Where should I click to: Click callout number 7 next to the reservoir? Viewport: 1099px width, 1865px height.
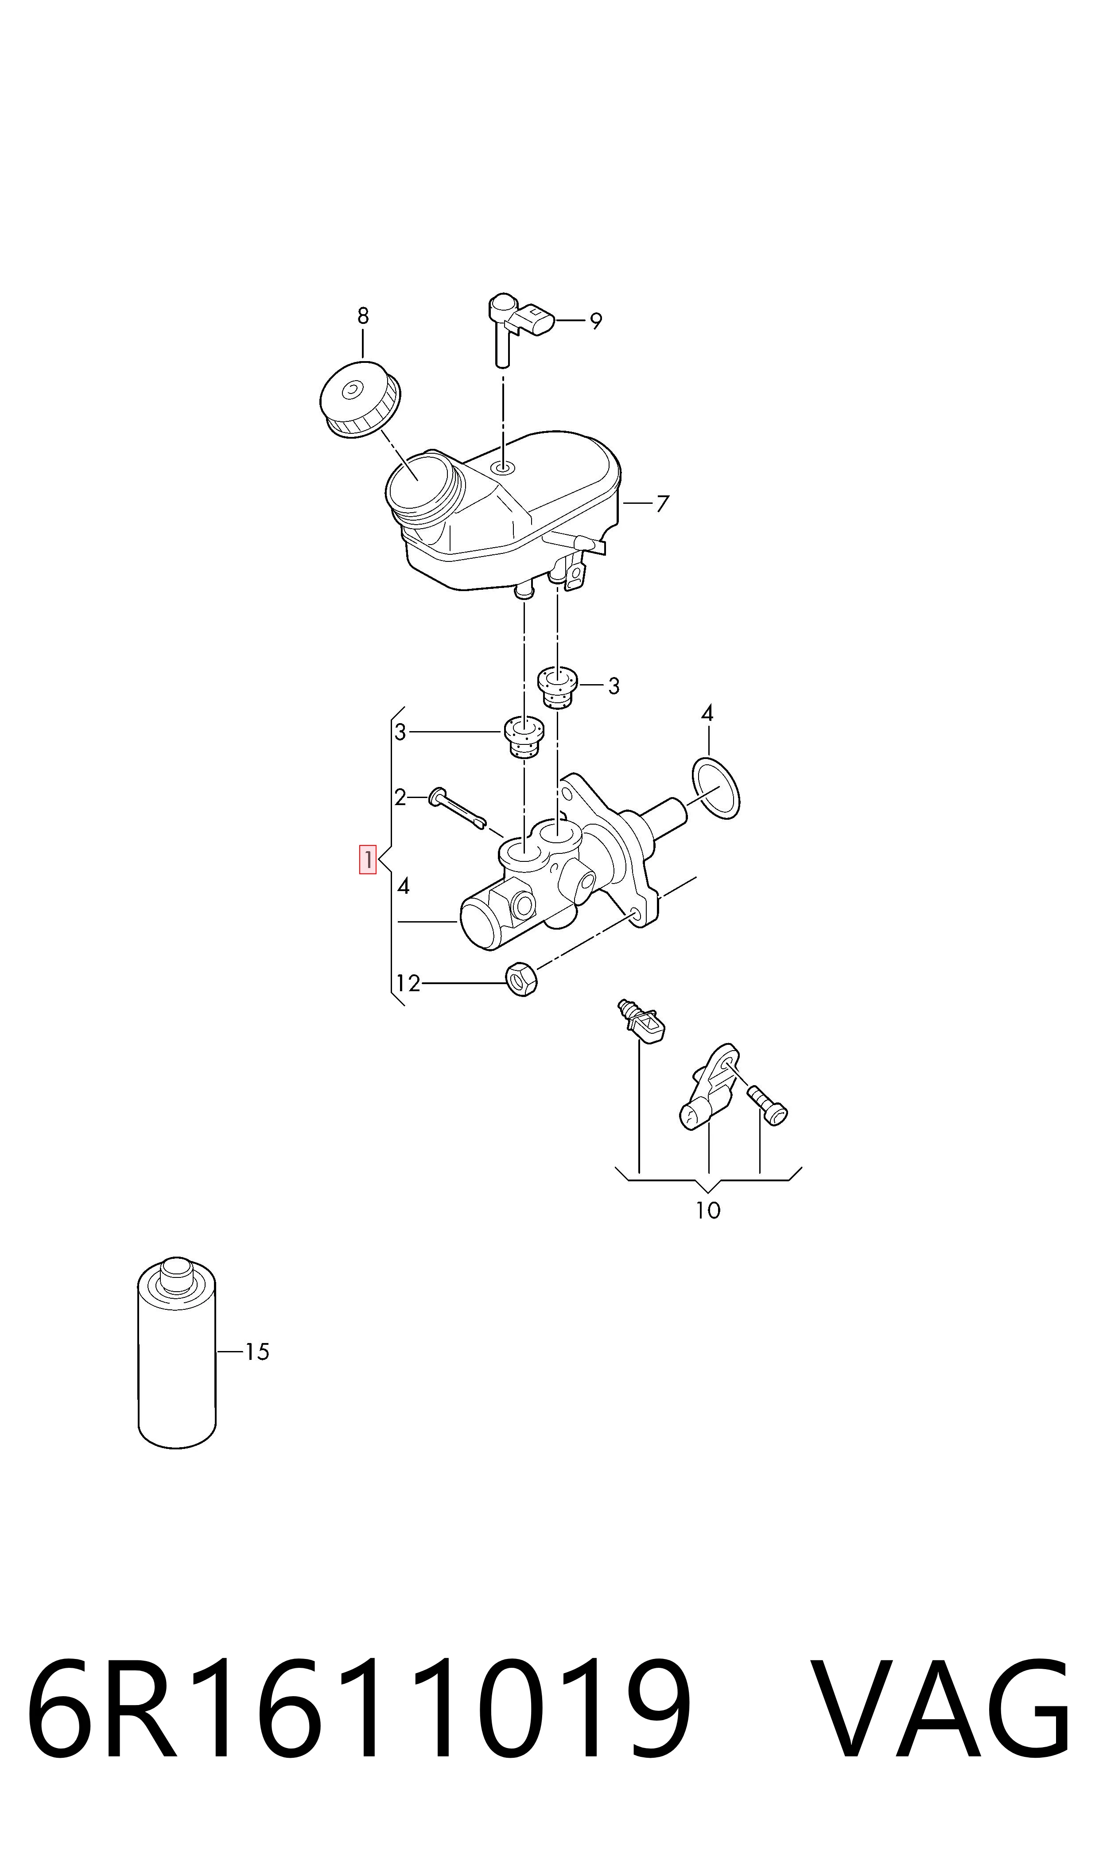click(x=663, y=504)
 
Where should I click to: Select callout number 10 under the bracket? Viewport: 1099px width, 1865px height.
click(x=708, y=1210)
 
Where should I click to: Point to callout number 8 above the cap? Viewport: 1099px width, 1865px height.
click(x=363, y=316)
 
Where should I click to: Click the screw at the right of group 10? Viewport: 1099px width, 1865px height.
click(x=767, y=1104)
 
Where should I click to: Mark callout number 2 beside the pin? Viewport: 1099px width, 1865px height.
click(x=400, y=798)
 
